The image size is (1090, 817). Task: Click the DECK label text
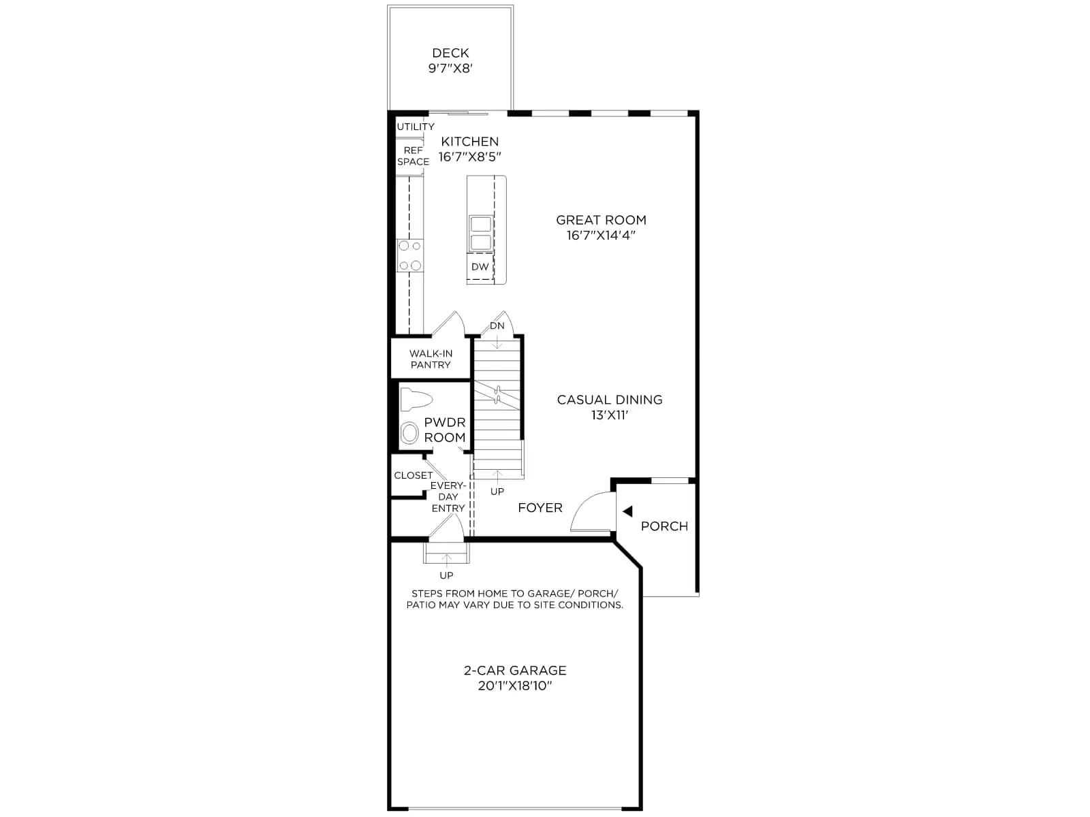coord(450,52)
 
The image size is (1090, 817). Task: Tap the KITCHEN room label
coord(470,142)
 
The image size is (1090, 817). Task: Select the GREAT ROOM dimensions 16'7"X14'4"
coord(601,235)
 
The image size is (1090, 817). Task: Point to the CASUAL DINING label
coord(610,400)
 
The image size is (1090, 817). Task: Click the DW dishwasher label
coord(480,267)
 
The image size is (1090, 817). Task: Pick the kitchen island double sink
coord(481,234)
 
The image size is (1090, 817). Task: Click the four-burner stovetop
coord(410,255)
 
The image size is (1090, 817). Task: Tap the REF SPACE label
coord(413,156)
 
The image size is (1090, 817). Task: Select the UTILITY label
coord(416,127)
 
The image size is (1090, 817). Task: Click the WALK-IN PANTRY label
coord(431,359)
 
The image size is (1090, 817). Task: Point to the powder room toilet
coord(416,400)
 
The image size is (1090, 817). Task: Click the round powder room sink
coord(409,432)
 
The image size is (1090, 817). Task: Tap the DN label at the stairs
coord(497,326)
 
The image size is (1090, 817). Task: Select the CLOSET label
coord(413,475)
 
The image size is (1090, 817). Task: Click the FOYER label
coord(540,508)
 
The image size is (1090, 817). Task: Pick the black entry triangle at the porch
coord(627,511)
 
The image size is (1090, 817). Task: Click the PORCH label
coord(664,526)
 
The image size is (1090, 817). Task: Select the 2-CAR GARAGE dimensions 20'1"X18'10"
coord(515,686)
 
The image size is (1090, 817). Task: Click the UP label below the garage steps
coord(446,575)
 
